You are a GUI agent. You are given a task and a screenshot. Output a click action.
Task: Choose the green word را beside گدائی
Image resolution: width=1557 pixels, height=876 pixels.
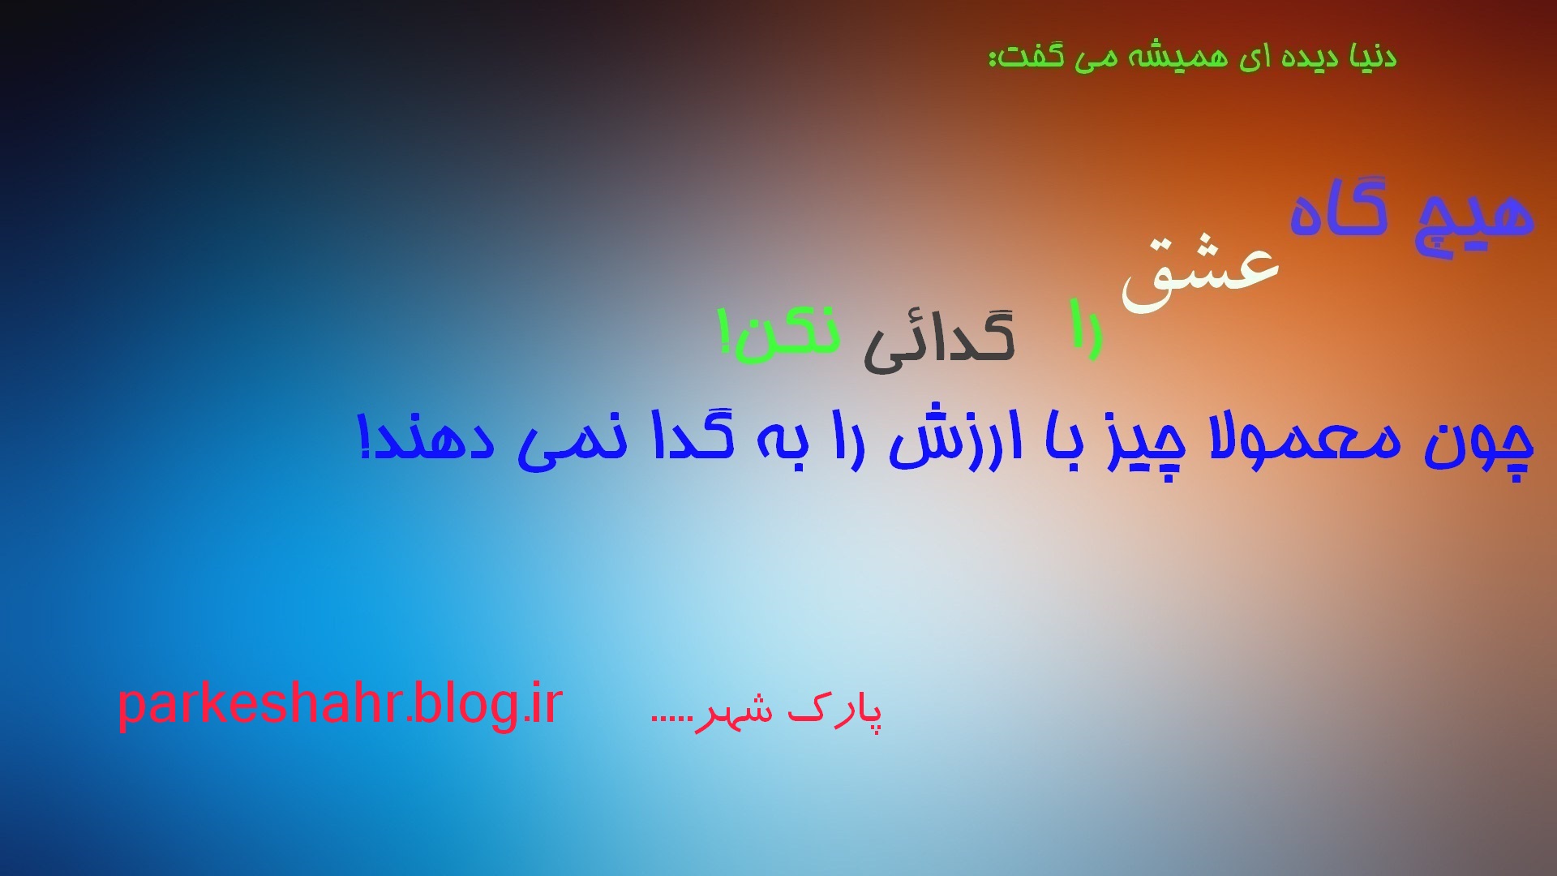pos(1086,328)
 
